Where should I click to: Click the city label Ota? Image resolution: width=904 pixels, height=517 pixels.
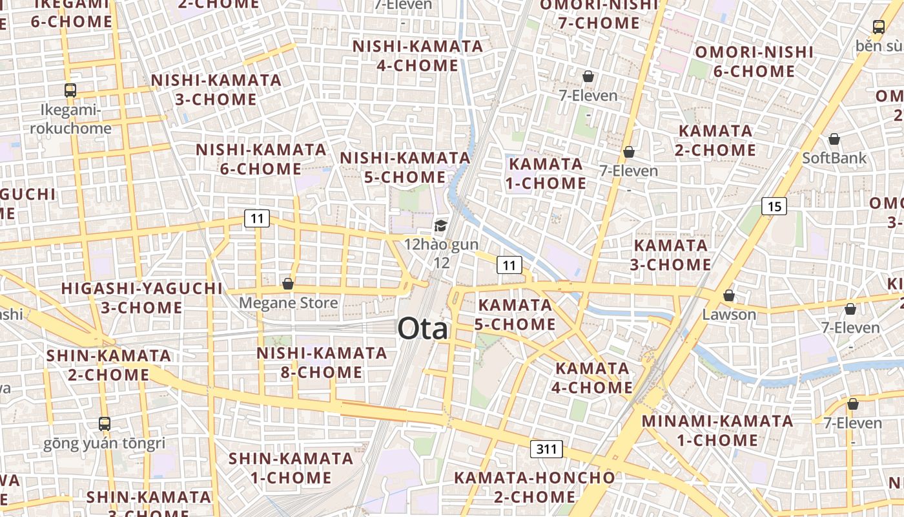pos(422,329)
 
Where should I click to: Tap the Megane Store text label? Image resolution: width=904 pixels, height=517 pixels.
pos(288,303)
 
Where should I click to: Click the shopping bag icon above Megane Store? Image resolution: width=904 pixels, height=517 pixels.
pos(288,284)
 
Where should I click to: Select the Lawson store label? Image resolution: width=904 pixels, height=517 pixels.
pos(729,315)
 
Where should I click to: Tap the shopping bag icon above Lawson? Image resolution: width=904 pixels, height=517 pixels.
pos(729,295)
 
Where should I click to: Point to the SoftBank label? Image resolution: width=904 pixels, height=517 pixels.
pos(834,158)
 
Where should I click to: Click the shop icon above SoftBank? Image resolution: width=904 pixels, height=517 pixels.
pos(834,139)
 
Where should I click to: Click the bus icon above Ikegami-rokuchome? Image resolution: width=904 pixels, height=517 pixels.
pos(70,90)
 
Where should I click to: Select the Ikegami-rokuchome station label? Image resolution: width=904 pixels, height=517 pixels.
pos(70,119)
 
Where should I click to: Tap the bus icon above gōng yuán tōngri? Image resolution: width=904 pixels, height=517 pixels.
pos(105,424)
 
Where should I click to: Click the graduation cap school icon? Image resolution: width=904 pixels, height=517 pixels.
pos(440,226)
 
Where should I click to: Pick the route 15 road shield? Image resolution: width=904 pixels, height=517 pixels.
pos(774,207)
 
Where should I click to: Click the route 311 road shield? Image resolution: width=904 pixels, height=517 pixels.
pos(546,448)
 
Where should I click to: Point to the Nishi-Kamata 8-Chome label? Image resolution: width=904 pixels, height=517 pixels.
pos(322,363)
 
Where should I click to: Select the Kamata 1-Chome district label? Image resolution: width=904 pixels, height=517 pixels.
pos(546,173)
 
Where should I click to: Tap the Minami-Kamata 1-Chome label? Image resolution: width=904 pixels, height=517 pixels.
pos(717,431)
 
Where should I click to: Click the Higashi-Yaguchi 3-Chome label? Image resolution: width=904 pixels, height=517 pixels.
pos(141,298)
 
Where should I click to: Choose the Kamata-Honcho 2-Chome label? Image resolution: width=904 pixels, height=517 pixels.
pos(535,487)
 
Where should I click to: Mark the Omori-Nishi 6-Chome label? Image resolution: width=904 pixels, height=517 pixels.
pos(754,61)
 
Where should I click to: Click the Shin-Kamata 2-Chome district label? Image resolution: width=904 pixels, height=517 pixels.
pos(108,365)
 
